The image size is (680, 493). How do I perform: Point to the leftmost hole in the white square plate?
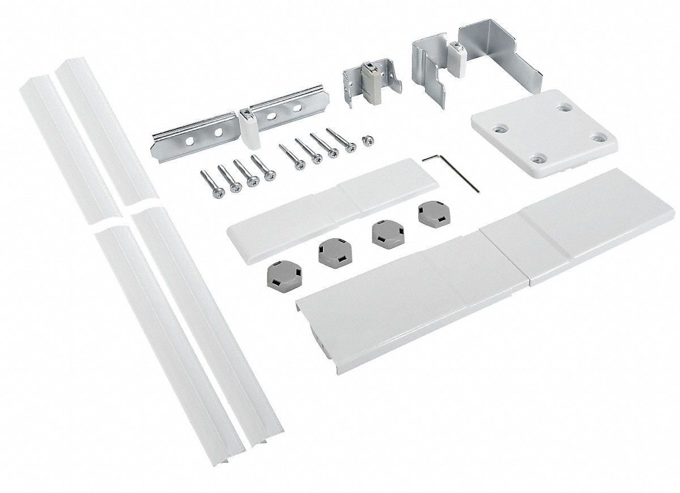(x=498, y=129)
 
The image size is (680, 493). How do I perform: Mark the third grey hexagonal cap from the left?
(x=382, y=233)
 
